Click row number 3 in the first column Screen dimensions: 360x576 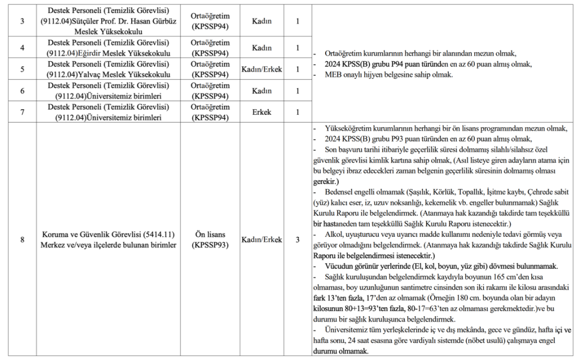click(22, 21)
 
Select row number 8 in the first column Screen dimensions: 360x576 click(22, 240)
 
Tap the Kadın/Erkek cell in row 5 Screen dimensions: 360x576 click(262, 69)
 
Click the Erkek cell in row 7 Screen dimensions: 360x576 click(262, 112)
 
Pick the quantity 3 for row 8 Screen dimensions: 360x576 click(297, 240)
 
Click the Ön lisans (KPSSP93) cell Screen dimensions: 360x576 click(210, 240)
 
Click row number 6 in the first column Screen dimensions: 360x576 click(22, 91)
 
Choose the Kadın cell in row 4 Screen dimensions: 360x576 click(262, 48)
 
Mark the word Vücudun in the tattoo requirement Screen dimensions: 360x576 click(340, 265)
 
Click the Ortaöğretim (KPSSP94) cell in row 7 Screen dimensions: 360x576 click(210, 112)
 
